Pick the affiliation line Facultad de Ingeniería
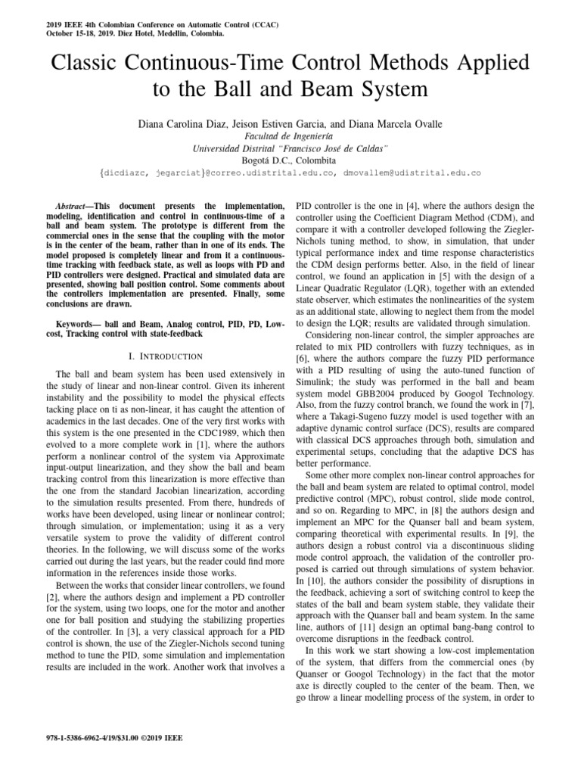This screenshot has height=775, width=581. (x=290, y=136)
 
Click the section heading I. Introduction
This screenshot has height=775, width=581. (x=160, y=356)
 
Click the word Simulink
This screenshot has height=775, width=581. (x=316, y=384)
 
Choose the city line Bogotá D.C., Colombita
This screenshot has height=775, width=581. (x=290, y=160)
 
